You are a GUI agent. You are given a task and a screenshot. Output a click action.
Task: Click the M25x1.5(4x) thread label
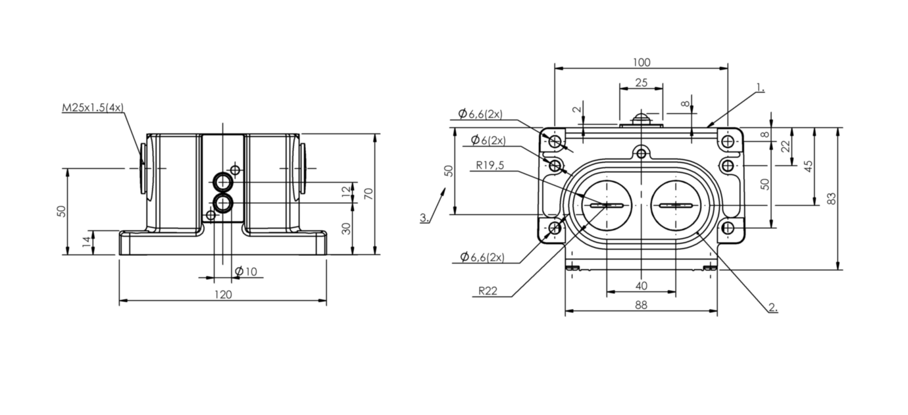point(92,108)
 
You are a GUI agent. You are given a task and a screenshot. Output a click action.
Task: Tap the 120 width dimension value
point(223,295)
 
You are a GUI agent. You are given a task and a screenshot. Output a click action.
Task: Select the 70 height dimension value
point(368,194)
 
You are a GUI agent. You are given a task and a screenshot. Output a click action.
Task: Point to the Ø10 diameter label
point(245,272)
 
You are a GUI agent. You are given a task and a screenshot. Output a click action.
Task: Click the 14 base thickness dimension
point(87,242)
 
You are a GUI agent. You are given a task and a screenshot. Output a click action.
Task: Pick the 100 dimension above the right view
point(642,62)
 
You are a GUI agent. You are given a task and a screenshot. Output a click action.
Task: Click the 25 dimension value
point(642,83)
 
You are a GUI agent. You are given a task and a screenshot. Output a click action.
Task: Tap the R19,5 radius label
point(490,165)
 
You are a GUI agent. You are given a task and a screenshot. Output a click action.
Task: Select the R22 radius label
point(488,291)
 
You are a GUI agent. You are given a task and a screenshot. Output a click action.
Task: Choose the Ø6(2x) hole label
point(488,140)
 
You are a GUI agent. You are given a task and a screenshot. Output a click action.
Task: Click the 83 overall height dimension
point(831,199)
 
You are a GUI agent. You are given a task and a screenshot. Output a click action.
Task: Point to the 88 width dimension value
point(641,305)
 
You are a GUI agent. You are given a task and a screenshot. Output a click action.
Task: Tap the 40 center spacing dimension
point(642,285)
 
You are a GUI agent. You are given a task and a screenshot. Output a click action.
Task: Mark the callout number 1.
point(760,87)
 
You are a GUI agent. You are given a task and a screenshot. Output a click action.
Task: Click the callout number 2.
point(773,307)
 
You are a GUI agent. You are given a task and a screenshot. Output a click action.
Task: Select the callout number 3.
point(424,218)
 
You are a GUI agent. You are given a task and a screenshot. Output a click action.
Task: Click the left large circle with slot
point(607,206)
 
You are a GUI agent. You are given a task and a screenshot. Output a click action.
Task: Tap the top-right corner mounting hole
point(728,141)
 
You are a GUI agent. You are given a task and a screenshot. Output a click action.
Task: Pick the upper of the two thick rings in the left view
point(222,182)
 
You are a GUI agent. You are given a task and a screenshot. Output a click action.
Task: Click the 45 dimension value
point(808,166)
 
